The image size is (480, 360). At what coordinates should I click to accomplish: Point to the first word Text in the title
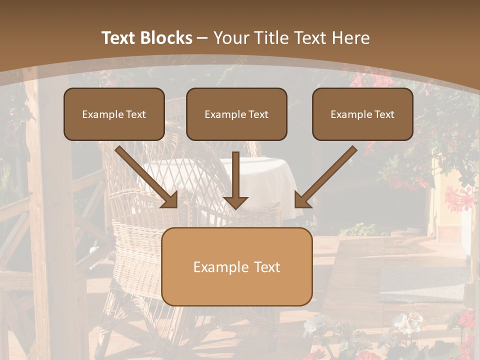coord(120,38)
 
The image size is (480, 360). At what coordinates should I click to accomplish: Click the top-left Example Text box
coord(114,114)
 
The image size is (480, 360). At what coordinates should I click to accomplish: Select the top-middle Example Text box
coord(236,114)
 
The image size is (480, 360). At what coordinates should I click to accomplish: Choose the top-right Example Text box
coord(362,114)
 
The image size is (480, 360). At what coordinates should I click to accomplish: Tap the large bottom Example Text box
coord(236,266)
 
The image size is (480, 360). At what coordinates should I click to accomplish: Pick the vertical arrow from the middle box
coord(235,177)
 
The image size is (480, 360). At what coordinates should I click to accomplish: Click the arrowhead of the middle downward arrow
coord(235,202)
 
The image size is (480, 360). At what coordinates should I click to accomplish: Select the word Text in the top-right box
coord(384,114)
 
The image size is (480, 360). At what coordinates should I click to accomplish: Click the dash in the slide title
coord(202,38)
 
